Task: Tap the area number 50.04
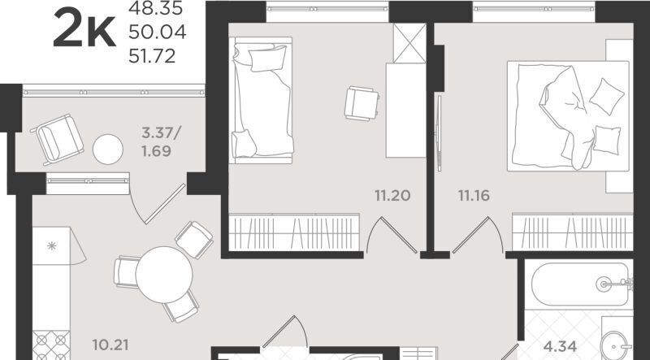(157, 32)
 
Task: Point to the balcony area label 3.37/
(161, 133)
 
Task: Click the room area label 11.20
(392, 195)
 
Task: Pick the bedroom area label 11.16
(474, 195)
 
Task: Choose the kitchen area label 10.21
(110, 345)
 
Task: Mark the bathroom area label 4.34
(560, 345)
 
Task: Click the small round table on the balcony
(108, 150)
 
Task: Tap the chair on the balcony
(57, 139)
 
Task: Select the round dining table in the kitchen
(164, 275)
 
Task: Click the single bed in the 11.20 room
(262, 101)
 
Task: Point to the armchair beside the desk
(362, 103)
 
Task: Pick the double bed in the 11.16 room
(568, 115)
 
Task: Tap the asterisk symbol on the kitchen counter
(52, 246)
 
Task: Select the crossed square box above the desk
(409, 43)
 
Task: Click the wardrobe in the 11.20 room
(294, 232)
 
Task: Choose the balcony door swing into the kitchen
(158, 205)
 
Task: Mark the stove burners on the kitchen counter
(51, 345)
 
